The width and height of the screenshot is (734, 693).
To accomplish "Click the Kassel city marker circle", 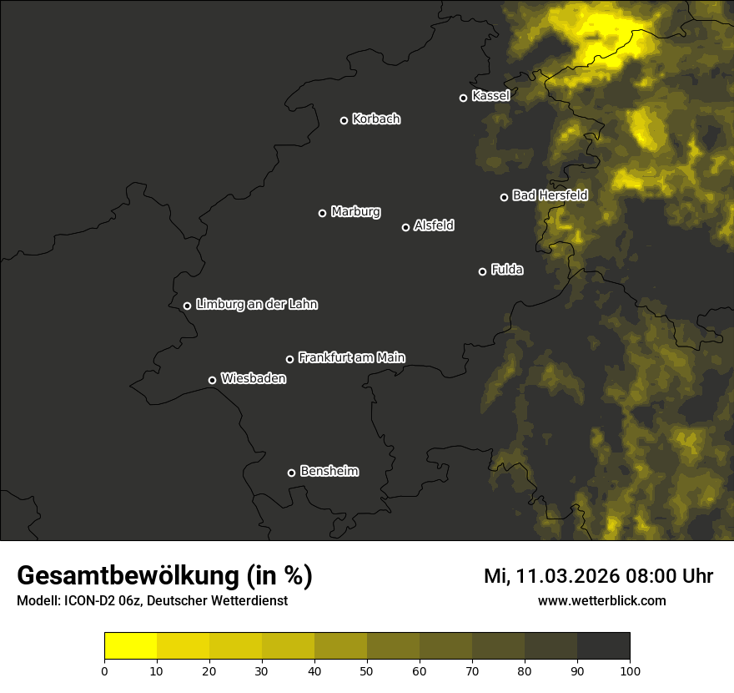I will coord(463,98).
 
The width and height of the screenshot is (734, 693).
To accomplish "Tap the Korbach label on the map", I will coord(376,119).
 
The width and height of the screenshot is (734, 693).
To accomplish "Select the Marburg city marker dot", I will coord(322,213).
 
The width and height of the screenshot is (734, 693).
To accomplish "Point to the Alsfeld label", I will coord(434,226).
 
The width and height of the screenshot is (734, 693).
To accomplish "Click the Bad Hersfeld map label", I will coord(550,195).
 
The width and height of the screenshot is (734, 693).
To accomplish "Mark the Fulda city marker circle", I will coord(482,271).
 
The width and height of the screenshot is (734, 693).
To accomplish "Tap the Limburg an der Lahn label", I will coord(256,305).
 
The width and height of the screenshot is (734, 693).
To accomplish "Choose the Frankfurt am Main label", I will coord(351,357).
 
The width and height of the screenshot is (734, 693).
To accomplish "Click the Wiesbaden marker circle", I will coord(212,380).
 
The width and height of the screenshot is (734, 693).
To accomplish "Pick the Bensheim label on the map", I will coord(329,472).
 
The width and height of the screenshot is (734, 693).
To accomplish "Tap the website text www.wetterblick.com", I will coord(601,600).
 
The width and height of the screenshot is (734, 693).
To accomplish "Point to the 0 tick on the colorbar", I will coord(104,670).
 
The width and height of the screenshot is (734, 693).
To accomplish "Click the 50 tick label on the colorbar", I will coord(367,670).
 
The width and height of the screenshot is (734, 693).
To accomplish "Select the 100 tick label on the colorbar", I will coord(629,670).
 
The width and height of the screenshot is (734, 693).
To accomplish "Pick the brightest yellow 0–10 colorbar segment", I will coord(130,645).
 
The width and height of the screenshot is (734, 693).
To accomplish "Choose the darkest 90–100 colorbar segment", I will coord(603,645).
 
